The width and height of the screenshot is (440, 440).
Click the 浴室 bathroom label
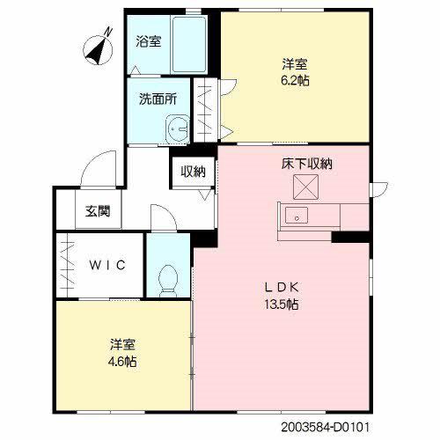click(x=148, y=41)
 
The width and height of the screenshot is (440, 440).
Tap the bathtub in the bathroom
click(x=188, y=44)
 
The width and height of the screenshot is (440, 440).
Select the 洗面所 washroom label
click(x=158, y=99)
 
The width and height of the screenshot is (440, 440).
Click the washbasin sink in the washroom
click(x=178, y=129)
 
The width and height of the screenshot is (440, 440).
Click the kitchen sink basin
click(x=297, y=216)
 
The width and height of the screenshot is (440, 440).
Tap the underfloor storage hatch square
click(x=305, y=187)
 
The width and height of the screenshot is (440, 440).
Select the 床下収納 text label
click(x=306, y=164)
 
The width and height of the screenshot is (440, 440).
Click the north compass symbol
click(x=99, y=49)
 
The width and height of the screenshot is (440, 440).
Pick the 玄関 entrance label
click(x=98, y=211)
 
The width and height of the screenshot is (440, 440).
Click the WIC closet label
click(x=107, y=265)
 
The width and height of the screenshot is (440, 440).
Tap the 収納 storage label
click(x=193, y=172)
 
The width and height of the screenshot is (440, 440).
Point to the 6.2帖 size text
click(x=295, y=80)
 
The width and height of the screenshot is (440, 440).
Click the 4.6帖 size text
click(x=122, y=362)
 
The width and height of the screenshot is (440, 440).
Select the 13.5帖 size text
click(x=282, y=304)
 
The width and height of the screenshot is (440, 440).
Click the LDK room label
click(x=282, y=287)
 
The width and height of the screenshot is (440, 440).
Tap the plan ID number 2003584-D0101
click(x=326, y=427)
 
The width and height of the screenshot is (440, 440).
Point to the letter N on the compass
click(x=109, y=31)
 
